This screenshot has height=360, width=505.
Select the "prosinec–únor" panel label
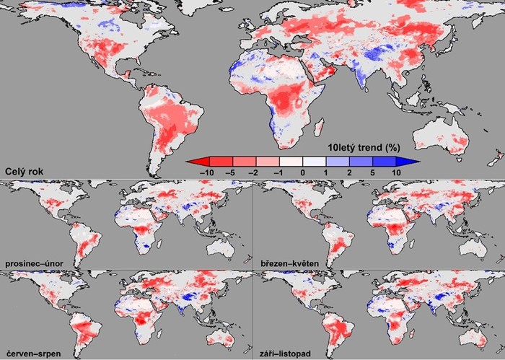pos(35,264)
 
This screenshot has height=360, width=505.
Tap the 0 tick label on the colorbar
pos(301,172)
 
